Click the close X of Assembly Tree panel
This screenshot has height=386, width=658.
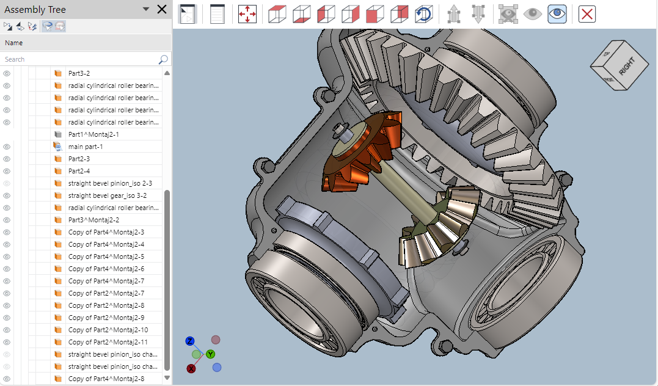162,9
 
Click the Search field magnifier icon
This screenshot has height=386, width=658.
163,59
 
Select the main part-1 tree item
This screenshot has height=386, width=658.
86,147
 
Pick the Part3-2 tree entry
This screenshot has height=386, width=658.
79,73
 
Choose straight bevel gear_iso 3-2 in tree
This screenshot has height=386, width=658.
107,195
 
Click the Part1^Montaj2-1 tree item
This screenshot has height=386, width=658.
93,134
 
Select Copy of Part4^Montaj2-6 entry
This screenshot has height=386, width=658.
106,269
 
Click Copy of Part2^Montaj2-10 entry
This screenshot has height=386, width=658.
108,330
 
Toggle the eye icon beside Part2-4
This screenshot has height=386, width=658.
7,171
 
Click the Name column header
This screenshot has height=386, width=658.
14,43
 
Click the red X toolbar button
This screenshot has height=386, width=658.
587,14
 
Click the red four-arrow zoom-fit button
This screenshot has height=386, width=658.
247,14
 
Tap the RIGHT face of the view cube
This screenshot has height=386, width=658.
626,67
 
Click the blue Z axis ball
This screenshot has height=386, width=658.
190,341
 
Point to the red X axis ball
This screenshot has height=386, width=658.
191,368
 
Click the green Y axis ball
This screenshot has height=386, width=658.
210,354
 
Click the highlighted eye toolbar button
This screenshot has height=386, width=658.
557,14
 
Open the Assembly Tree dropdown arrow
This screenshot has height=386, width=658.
145,9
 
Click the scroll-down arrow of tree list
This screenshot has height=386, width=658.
167,378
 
